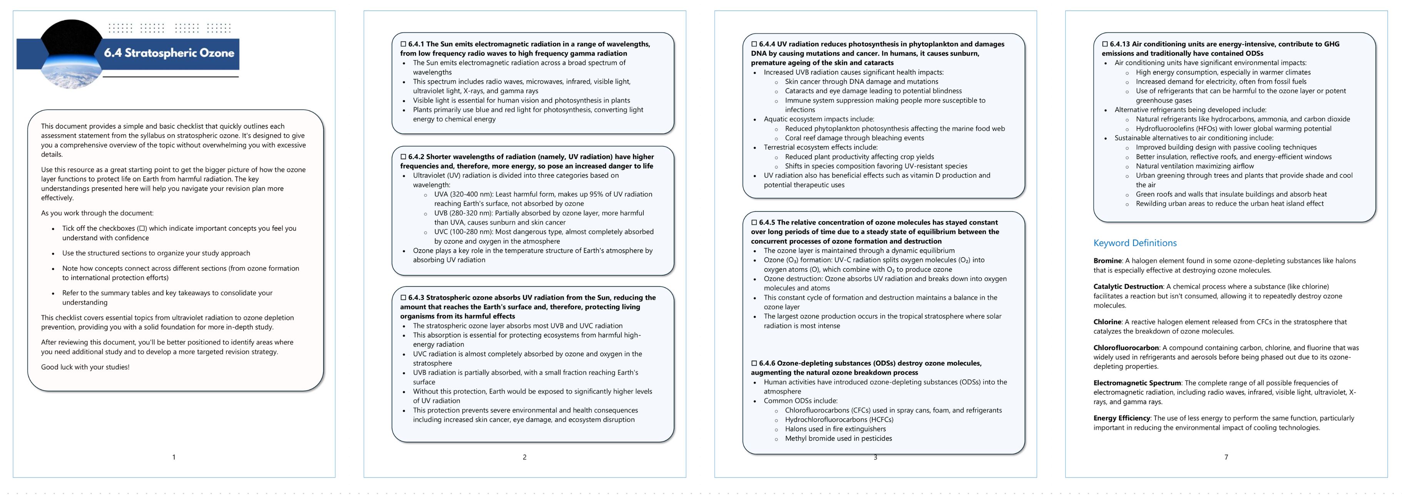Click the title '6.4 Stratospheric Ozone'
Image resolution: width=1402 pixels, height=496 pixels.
click(x=169, y=53)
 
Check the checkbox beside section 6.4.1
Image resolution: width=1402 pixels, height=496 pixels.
click(x=403, y=44)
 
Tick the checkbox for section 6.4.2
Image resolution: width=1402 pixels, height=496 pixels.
click(x=403, y=156)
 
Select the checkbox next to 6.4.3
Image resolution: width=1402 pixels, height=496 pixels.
click(x=403, y=298)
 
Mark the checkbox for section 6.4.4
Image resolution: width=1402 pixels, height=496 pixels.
click(x=754, y=44)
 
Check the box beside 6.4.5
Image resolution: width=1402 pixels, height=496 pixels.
click(x=754, y=223)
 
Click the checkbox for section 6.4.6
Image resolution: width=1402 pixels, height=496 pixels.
click(x=754, y=363)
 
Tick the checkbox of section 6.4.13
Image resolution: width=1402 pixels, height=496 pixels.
click(x=1105, y=44)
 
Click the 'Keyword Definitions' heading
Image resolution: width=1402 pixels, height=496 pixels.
click(x=1135, y=243)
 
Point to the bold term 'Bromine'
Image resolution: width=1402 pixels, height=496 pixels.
click(x=1107, y=261)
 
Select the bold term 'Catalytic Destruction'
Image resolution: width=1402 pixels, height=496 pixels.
click(x=1128, y=286)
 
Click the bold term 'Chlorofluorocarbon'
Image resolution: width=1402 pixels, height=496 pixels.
click(x=1125, y=348)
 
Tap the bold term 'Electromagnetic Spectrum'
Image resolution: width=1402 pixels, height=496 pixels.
click(x=1137, y=383)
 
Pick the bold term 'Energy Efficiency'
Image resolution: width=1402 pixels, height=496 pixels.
click(x=1121, y=418)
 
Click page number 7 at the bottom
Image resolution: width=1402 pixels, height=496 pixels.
click(x=1226, y=458)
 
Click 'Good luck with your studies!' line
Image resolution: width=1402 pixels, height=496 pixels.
click(x=85, y=367)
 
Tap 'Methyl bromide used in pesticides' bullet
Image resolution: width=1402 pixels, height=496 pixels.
click(x=838, y=438)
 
